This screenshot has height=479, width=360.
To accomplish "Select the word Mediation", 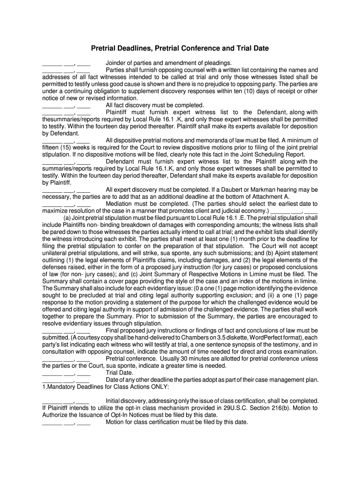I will pos(120,204).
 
